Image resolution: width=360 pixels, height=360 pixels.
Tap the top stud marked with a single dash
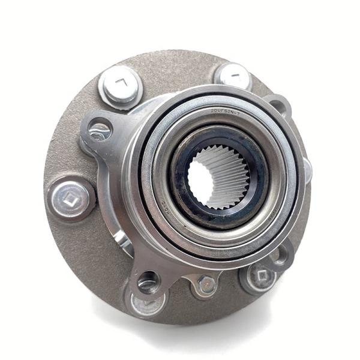coord(233,76)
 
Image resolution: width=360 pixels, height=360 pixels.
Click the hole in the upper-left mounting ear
coord(99,130)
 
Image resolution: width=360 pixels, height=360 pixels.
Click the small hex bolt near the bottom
coord(206,284)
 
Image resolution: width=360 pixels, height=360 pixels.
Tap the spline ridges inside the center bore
coord(231,174)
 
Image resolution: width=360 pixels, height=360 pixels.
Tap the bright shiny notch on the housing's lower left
coord(123,240)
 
